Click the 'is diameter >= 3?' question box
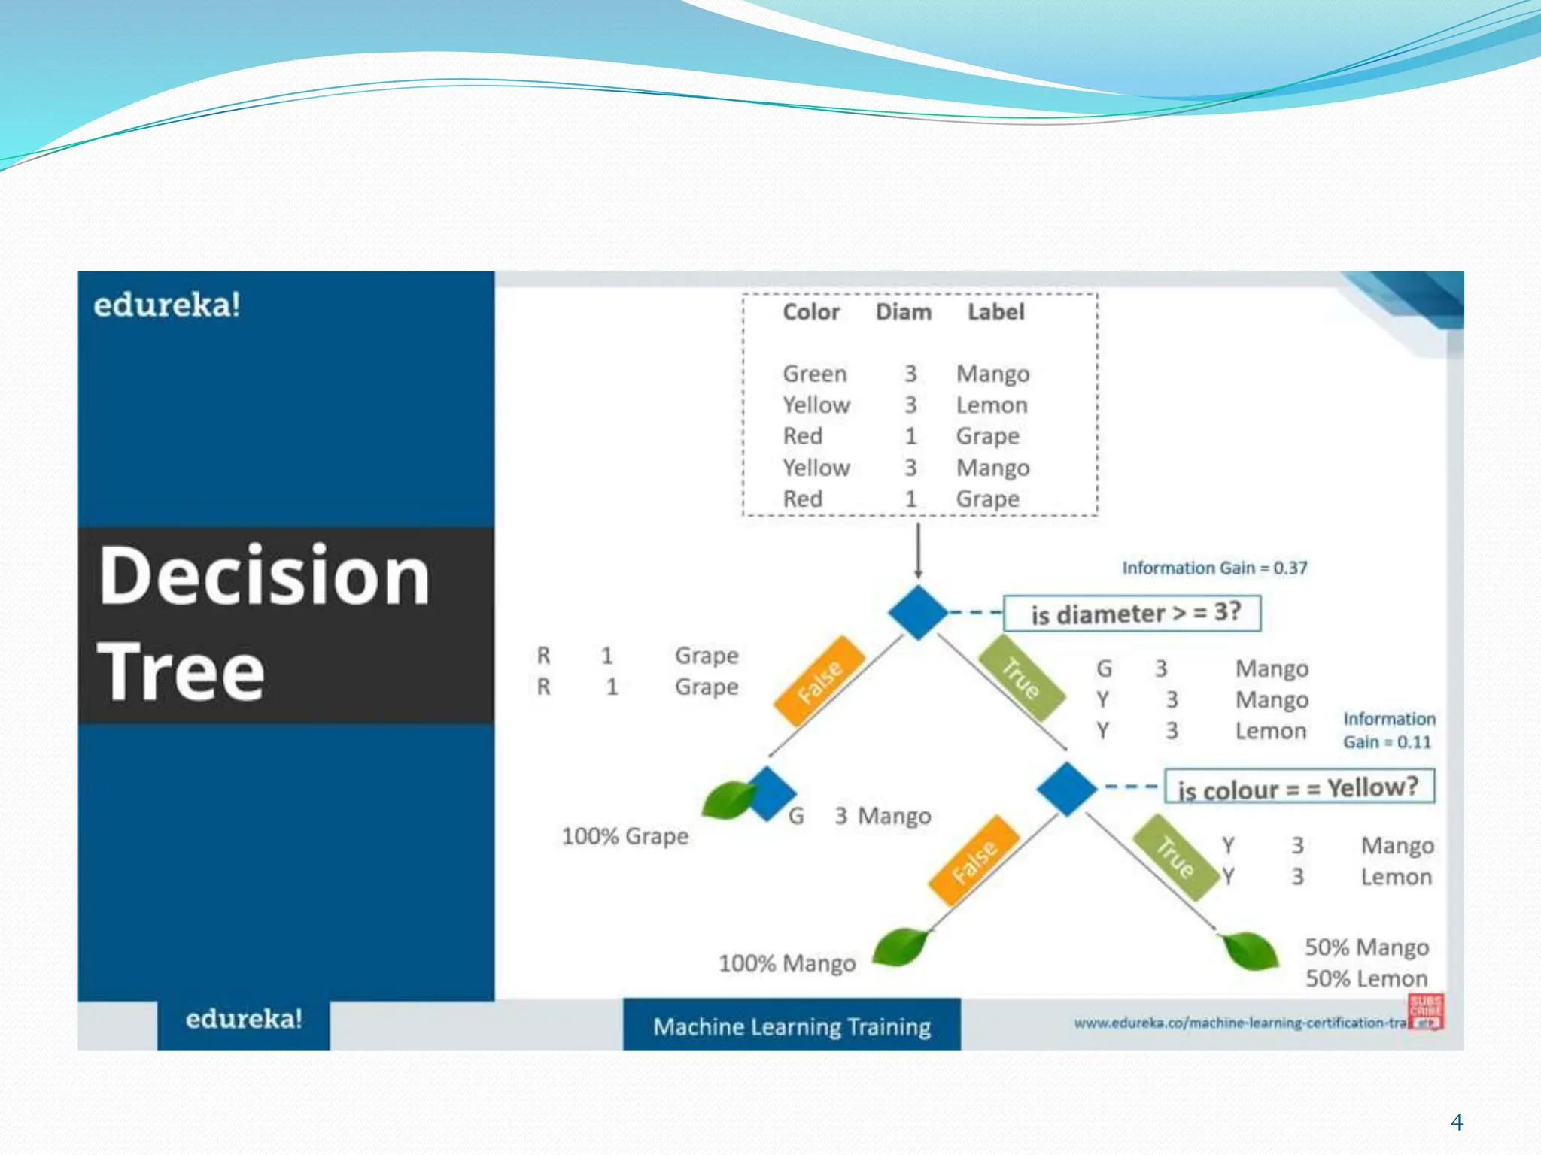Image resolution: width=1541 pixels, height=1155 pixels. (1132, 614)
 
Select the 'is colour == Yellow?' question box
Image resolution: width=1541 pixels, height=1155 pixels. (1299, 787)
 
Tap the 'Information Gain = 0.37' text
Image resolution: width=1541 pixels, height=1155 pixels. (1214, 568)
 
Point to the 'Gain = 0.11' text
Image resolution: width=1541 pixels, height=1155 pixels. (1387, 742)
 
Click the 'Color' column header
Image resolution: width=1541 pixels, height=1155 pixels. (811, 312)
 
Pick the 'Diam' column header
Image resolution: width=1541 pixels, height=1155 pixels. (904, 312)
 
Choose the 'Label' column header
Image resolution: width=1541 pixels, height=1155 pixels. (995, 312)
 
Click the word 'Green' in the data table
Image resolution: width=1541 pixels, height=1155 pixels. (815, 374)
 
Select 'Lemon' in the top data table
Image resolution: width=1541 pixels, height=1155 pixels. (992, 405)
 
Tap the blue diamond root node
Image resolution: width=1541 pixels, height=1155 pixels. (918, 613)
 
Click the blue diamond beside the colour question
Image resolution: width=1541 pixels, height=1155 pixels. (1066, 789)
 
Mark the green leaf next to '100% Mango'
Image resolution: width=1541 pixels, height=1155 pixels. (900, 947)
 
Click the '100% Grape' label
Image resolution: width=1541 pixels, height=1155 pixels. (625, 836)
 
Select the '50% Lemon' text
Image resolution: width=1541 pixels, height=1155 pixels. (1366, 978)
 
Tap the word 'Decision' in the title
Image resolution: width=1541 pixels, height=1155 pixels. (264, 575)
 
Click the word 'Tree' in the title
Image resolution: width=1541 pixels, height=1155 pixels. (181, 671)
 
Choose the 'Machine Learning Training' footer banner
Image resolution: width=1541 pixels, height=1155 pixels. (792, 1025)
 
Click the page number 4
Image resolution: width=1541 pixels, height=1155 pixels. (1457, 1123)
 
